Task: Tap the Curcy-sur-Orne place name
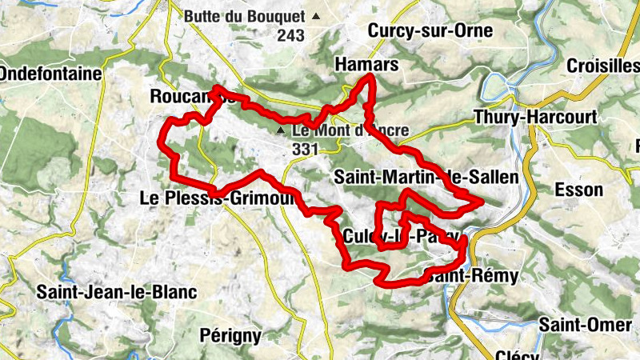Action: [x=430, y=30]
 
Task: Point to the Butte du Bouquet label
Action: [x=244, y=16]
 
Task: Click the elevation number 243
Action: [x=292, y=35]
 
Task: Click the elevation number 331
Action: [x=306, y=150]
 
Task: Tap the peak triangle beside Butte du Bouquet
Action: [x=317, y=16]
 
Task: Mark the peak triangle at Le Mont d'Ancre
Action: [x=280, y=130]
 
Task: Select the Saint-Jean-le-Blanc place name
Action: [x=116, y=293]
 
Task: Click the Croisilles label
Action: [x=602, y=66]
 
